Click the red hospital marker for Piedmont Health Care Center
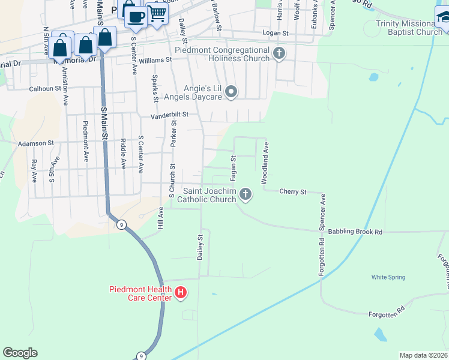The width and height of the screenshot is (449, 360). point(181,293)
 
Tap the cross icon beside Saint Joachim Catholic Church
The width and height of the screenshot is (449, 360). point(245,194)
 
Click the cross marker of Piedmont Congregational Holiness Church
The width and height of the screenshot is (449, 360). point(279,54)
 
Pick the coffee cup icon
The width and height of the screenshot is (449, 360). point(136,16)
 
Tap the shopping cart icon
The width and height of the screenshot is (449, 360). point(157,13)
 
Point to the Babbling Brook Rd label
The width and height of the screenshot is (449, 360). point(360,232)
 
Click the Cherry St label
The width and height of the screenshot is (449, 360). point(293,192)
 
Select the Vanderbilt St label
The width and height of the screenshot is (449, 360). point(169,114)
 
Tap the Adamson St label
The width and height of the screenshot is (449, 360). point(36,143)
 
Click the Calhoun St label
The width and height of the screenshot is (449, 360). point(46,88)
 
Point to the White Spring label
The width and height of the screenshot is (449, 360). point(388,277)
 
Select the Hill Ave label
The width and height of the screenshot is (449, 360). point(160,217)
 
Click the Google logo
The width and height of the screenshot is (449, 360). point(20,353)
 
